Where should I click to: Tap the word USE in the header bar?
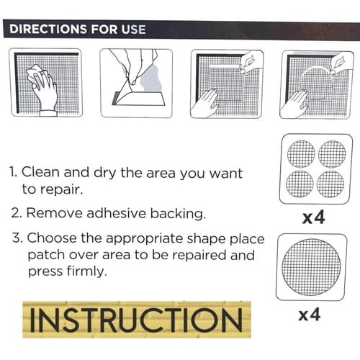133,30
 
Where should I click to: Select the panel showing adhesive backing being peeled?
136,83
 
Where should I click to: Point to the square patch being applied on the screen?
225,83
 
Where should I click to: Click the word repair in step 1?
61,189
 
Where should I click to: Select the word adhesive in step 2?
116,213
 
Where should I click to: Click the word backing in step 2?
178,214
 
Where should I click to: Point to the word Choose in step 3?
52,238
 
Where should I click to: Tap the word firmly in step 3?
86,271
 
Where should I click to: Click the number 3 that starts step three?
17,238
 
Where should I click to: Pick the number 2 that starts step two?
17,213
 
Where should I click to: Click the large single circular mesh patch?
311,267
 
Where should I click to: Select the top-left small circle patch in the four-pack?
301,154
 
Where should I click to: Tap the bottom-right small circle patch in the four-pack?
330,184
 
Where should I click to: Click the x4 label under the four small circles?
313,217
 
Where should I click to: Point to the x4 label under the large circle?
309,315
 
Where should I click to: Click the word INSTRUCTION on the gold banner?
136,320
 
